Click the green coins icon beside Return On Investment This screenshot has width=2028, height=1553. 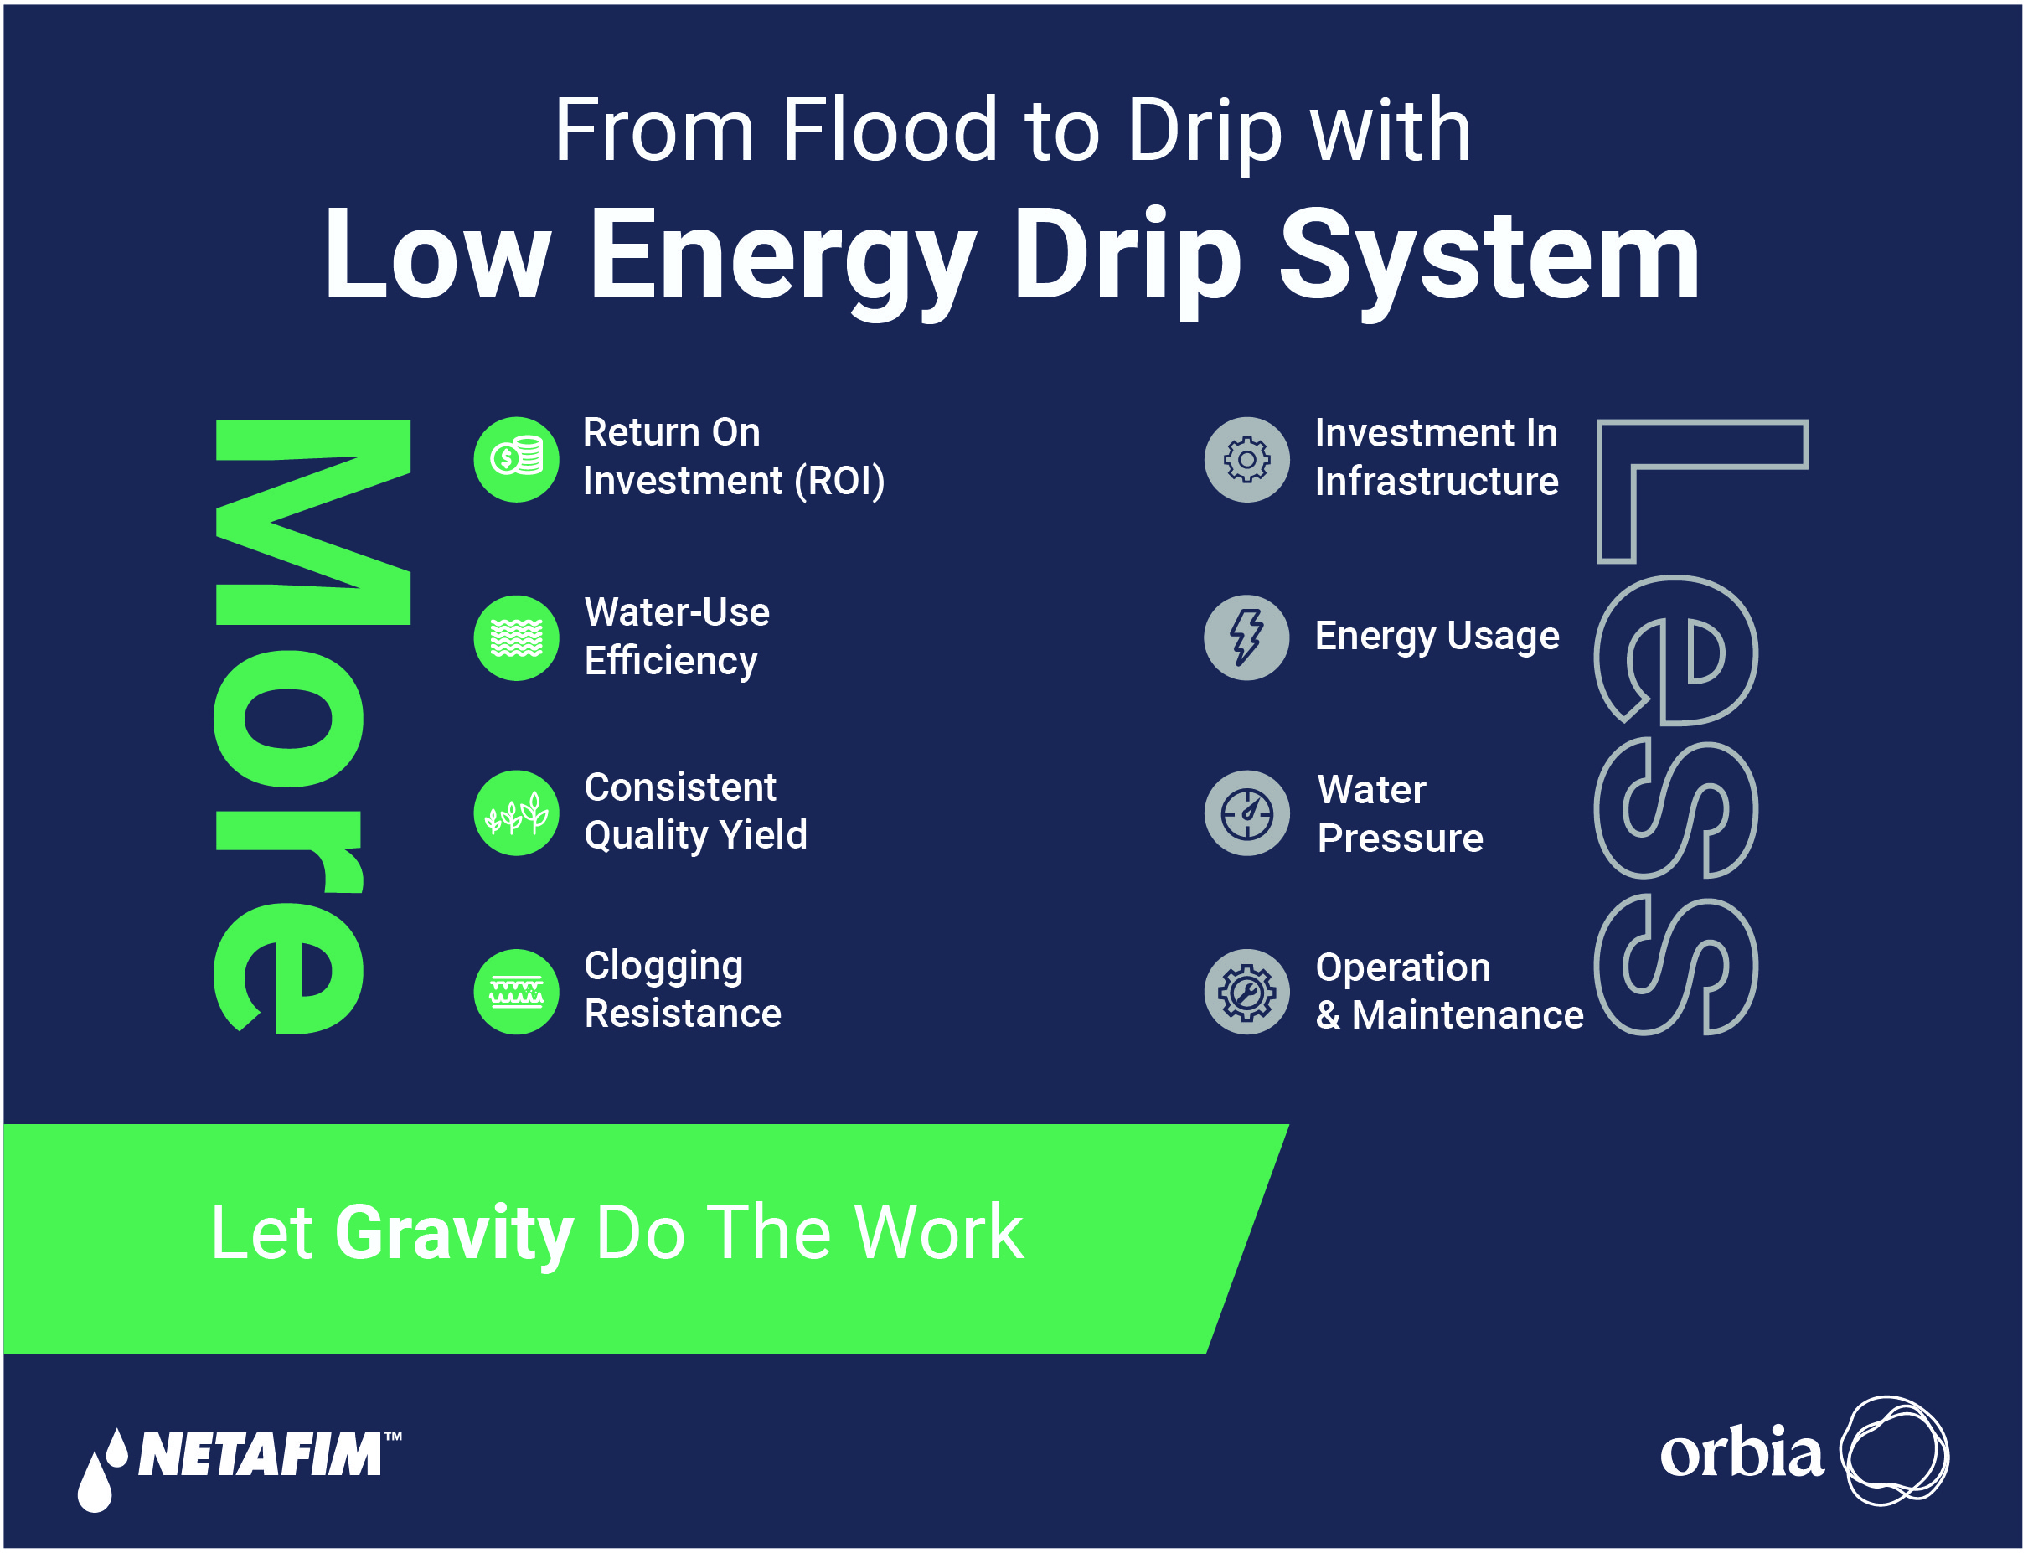(517, 459)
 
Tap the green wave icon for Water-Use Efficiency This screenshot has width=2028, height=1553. (517, 637)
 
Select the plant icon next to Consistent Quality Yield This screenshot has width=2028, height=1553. (517, 813)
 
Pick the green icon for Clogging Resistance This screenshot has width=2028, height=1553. (517, 992)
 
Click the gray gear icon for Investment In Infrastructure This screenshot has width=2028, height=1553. (1247, 459)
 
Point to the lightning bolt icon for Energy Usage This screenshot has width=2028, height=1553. (1247, 637)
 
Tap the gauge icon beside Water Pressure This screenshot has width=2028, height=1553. (1247, 813)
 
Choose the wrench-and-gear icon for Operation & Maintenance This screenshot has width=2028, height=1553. (1247, 992)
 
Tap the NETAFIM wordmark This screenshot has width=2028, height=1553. (260, 1455)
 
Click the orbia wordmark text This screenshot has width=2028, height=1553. (1742, 1452)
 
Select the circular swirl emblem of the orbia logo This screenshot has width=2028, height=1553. (1894, 1452)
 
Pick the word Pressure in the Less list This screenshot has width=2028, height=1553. (1401, 838)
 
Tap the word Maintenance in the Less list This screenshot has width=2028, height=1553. (1468, 1015)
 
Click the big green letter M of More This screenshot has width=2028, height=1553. (312, 523)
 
